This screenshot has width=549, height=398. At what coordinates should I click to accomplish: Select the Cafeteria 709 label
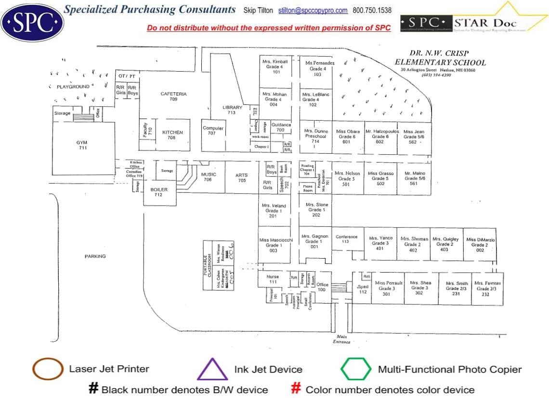point(173,97)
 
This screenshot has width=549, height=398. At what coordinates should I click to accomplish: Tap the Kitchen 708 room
point(172,135)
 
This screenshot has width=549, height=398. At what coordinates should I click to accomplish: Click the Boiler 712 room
point(159,192)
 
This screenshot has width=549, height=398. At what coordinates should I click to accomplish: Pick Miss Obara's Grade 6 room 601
point(347,137)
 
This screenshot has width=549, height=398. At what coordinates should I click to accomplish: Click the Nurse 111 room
point(273,279)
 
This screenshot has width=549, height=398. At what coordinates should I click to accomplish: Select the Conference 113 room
point(346,239)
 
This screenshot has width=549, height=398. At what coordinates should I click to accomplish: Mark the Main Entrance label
point(341,339)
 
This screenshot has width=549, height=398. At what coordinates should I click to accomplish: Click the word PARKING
point(95,256)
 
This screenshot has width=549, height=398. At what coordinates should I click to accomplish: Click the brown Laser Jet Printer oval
point(48,370)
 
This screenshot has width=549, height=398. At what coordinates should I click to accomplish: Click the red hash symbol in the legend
point(297,389)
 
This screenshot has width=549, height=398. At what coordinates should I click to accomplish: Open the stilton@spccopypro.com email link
point(313,11)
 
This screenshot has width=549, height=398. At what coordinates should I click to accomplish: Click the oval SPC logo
point(32,22)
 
